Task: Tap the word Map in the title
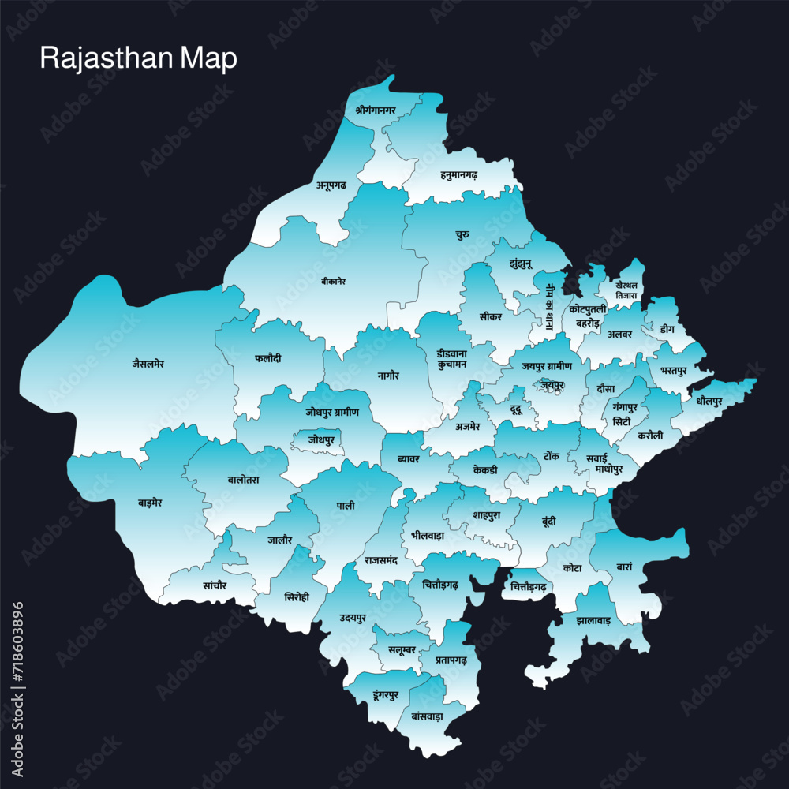click(208, 59)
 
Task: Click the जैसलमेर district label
click(148, 364)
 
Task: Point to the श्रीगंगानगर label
click(376, 110)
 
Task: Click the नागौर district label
click(388, 376)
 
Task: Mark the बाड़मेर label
click(150, 502)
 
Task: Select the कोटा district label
click(573, 568)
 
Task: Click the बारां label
click(624, 566)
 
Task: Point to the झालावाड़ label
click(593, 621)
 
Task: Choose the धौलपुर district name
click(709, 402)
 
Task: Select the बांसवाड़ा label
click(428, 716)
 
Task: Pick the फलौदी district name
click(268, 358)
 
